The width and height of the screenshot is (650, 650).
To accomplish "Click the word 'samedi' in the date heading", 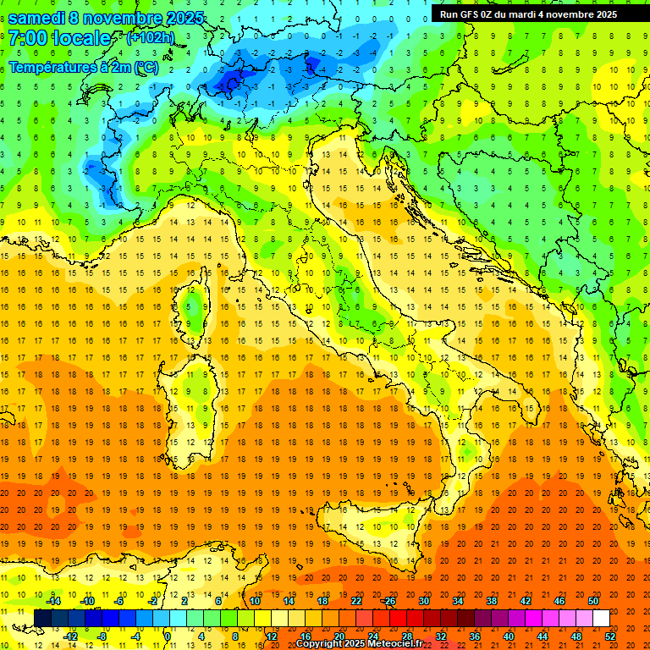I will [x=38, y=18].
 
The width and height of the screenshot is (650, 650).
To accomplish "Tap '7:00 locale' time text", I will [x=59, y=38].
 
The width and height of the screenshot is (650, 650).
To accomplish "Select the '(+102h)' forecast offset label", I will [x=151, y=38].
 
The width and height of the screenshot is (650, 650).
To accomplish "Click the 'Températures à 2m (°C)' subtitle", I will [x=83, y=67].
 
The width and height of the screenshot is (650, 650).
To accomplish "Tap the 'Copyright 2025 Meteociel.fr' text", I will [x=359, y=644].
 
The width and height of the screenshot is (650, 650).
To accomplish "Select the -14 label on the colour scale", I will [x=53, y=601].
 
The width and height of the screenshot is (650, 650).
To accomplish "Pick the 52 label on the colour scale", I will [x=610, y=636].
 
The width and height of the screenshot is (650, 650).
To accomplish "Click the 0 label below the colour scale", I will [x=168, y=636].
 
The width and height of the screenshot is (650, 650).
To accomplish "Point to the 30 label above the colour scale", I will [x=424, y=601].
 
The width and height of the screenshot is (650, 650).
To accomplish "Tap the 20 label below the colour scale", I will [x=339, y=636].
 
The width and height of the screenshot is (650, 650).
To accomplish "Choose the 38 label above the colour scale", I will [x=492, y=601].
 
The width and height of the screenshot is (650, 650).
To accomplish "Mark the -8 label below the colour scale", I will [x=102, y=636].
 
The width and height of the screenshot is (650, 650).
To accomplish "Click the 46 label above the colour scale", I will [x=559, y=601].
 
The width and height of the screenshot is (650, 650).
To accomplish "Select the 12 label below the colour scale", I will [x=271, y=636].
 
